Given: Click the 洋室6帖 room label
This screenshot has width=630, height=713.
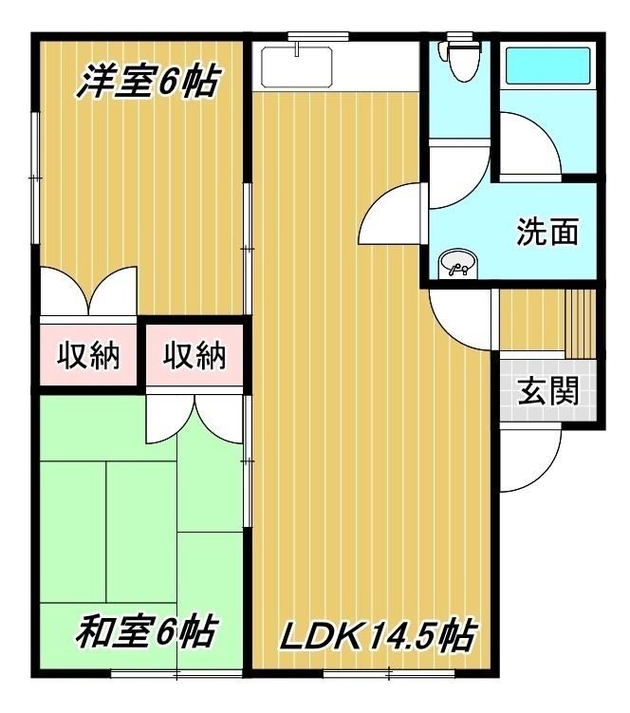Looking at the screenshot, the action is click(148, 82).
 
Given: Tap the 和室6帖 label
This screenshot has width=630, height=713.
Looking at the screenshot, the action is click(144, 632).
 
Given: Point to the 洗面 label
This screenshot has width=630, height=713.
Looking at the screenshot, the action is click(548, 232).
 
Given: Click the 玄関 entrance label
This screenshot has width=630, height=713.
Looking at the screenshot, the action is click(548, 390).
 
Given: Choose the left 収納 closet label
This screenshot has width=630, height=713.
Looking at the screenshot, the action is click(88, 355).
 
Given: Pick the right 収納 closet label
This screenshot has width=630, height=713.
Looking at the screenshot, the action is click(195, 355).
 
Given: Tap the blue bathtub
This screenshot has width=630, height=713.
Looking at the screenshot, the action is click(547, 66).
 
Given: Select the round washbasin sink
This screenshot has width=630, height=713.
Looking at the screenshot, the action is click(457, 263).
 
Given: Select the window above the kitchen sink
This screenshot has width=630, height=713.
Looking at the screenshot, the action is click(318, 35).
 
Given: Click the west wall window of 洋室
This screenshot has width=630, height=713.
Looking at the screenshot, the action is click(35, 178).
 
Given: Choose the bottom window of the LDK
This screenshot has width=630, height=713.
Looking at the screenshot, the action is click(389, 674).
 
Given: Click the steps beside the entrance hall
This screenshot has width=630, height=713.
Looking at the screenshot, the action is click(580, 324).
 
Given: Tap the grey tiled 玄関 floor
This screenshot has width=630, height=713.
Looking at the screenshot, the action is click(548, 390).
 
